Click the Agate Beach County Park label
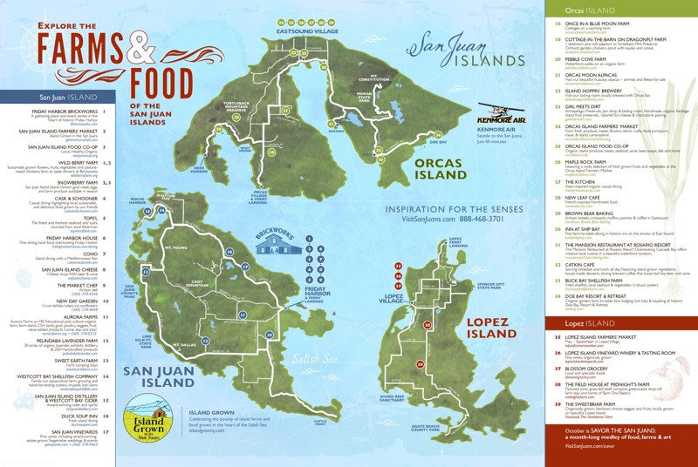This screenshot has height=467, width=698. tap(456, 429)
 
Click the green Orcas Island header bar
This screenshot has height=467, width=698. tap(620, 8)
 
